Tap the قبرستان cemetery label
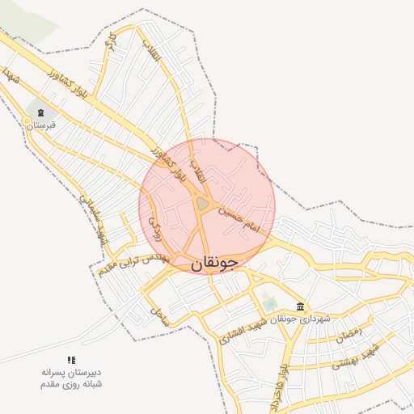pyautogui.click(x=40, y=125)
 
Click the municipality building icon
pyautogui.click(x=301, y=306)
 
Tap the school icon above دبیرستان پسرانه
pyautogui.click(x=71, y=360)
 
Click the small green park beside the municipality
pyautogui.click(x=269, y=304)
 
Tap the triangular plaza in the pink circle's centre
pyautogui.click(x=201, y=205)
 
